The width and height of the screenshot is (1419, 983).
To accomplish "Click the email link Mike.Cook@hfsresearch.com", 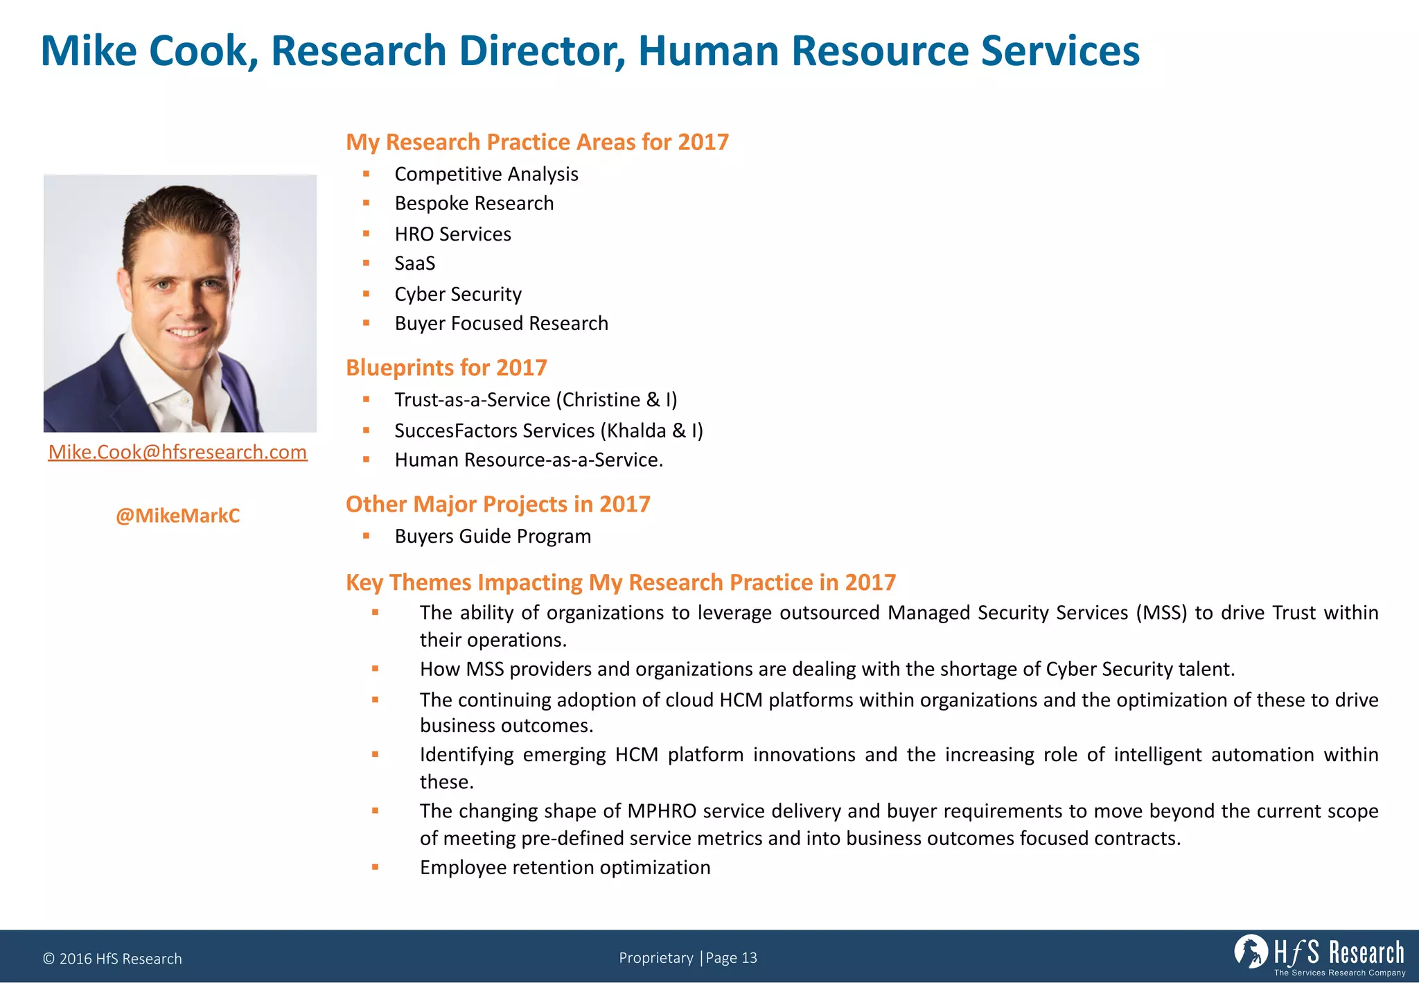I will tap(177, 452).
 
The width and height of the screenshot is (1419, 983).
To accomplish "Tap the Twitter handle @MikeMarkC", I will tap(178, 516).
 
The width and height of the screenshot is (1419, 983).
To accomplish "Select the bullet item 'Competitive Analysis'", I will tap(486, 174).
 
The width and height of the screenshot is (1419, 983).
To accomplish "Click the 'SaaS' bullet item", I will tap(414, 263).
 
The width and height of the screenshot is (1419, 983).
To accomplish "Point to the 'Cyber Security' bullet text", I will tap(457, 294).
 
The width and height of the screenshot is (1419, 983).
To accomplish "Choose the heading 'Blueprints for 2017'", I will tap(446, 367).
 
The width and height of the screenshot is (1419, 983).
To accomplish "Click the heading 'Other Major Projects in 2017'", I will tap(497, 504).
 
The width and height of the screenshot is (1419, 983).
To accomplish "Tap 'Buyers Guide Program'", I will tap(492, 537).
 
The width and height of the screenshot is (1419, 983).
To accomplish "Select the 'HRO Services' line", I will tap(452, 234).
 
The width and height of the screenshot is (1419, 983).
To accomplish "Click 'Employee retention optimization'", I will tap(565, 868).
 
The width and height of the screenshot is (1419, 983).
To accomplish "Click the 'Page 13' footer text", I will tap(731, 958).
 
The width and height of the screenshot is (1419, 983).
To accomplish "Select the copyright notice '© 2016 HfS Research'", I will tap(112, 959).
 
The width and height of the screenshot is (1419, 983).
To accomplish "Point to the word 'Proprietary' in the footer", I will tap(655, 958).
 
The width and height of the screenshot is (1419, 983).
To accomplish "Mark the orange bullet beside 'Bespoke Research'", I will tap(367, 203).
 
